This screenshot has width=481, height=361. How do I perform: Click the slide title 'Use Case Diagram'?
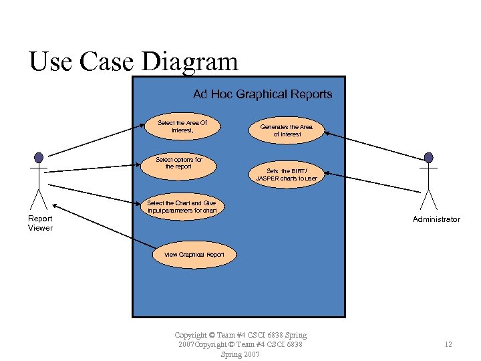click(133, 62)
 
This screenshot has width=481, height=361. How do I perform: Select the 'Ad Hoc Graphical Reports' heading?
click(262, 94)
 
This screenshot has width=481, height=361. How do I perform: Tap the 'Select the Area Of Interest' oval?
click(182, 126)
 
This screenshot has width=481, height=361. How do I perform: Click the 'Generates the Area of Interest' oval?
click(286, 130)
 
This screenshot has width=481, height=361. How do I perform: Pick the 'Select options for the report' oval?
click(178, 164)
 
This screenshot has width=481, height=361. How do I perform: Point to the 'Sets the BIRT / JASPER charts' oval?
click(287, 174)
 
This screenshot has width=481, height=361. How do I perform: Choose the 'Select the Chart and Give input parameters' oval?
click(182, 207)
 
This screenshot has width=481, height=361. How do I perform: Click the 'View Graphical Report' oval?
click(194, 255)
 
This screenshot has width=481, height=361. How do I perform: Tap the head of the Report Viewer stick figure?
click(39, 158)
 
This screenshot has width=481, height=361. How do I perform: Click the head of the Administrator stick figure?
click(428, 158)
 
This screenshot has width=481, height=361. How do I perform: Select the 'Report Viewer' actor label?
click(40, 223)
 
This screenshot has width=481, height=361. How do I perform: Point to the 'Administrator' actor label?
click(436, 219)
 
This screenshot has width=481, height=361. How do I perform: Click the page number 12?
click(448, 344)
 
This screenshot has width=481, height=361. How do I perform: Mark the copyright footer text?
click(240, 344)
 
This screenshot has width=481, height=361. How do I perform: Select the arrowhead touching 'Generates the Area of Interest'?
click(327, 134)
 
